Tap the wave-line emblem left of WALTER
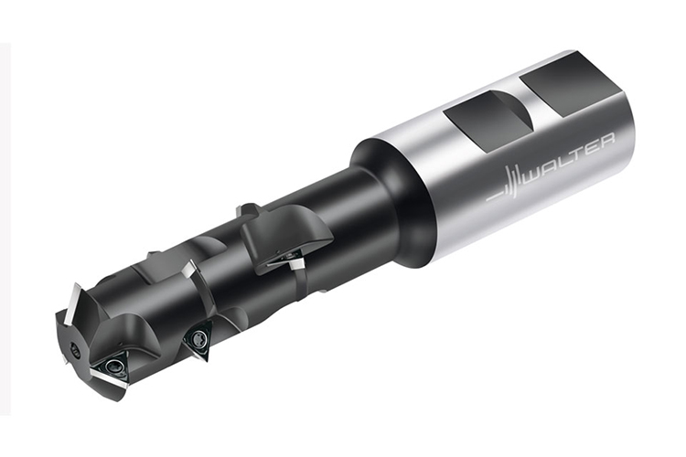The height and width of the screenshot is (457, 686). (x=505, y=184)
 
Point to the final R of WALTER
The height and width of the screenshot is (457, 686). (x=606, y=142)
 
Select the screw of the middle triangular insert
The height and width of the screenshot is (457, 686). (x=199, y=337)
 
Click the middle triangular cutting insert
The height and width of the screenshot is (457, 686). (x=199, y=339)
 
